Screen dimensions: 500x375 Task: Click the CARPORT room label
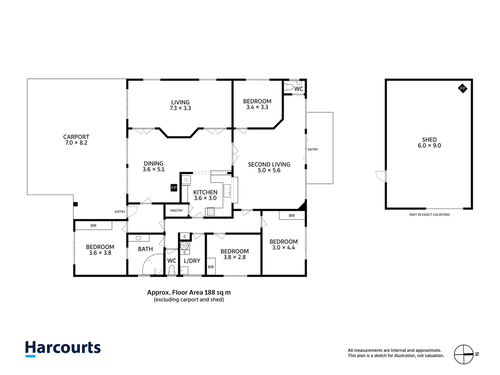[76, 137]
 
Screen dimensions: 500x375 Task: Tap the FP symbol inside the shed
[462, 88]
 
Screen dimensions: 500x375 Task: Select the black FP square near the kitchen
[174, 188]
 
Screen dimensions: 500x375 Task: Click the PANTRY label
[176, 210]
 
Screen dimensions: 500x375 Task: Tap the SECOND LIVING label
[269, 164]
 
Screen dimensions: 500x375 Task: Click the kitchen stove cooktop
[211, 212]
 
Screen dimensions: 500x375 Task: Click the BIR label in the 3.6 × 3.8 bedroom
[93, 225]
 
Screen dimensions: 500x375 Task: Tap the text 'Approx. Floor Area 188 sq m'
[189, 292]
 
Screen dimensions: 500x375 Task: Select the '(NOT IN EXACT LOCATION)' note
[429, 214]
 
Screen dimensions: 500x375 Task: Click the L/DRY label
[192, 261]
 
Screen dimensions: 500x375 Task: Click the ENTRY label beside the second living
[313, 149]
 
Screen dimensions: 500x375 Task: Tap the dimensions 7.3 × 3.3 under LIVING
[180, 108]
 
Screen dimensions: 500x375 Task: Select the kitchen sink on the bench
[227, 191]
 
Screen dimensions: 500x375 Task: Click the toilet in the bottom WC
[171, 270]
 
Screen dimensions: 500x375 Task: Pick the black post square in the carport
[75, 204]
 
